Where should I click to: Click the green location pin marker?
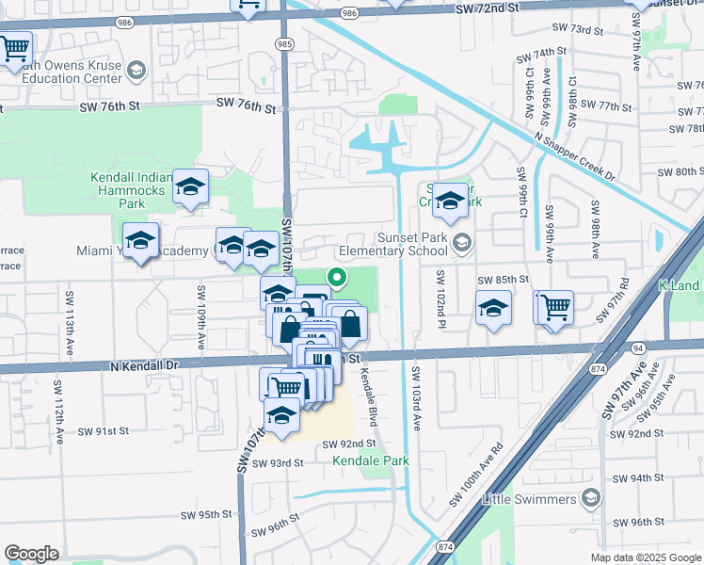point(336,276)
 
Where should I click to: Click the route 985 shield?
point(284,43)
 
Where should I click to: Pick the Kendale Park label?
point(370,460)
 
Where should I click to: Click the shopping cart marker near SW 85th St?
point(555,306)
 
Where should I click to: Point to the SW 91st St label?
point(103,430)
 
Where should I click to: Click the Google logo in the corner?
point(31,554)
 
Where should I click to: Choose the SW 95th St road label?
point(208,514)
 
